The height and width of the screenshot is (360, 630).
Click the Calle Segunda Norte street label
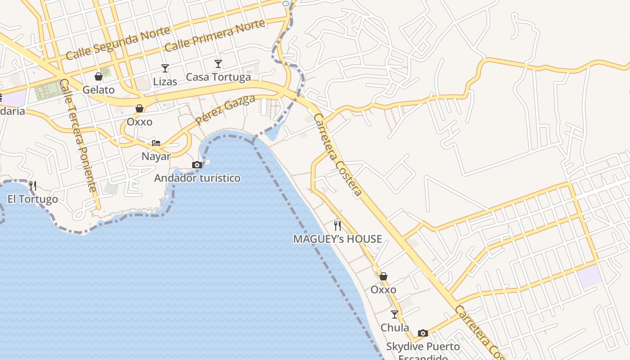tap(118, 43)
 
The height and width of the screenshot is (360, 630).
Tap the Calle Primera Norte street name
tap(215, 36)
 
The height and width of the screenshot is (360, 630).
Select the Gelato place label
tap(99, 90)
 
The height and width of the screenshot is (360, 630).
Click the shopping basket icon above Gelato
tap(99, 77)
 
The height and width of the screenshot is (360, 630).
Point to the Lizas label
tap(165, 81)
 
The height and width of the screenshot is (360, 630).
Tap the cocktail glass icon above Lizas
tap(165, 68)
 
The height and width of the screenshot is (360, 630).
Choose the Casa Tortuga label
tap(218, 77)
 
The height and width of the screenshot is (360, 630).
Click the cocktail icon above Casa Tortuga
tap(218, 64)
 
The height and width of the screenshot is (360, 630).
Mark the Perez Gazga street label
tap(225, 110)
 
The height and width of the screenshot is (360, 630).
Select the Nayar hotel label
tap(156, 156)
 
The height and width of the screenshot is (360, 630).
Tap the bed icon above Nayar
tap(156, 143)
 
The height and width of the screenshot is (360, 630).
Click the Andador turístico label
tap(197, 178)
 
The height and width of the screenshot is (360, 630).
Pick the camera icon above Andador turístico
tap(197, 165)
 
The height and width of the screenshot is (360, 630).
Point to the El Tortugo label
tap(33, 199)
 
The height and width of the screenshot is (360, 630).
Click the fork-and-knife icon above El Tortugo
tap(33, 185)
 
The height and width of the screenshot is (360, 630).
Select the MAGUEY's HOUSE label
tap(337, 239)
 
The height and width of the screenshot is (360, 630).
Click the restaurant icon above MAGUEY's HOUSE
tap(337, 225)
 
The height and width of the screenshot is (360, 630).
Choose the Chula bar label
tap(395, 328)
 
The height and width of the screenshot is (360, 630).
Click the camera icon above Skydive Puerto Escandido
tap(423, 333)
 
